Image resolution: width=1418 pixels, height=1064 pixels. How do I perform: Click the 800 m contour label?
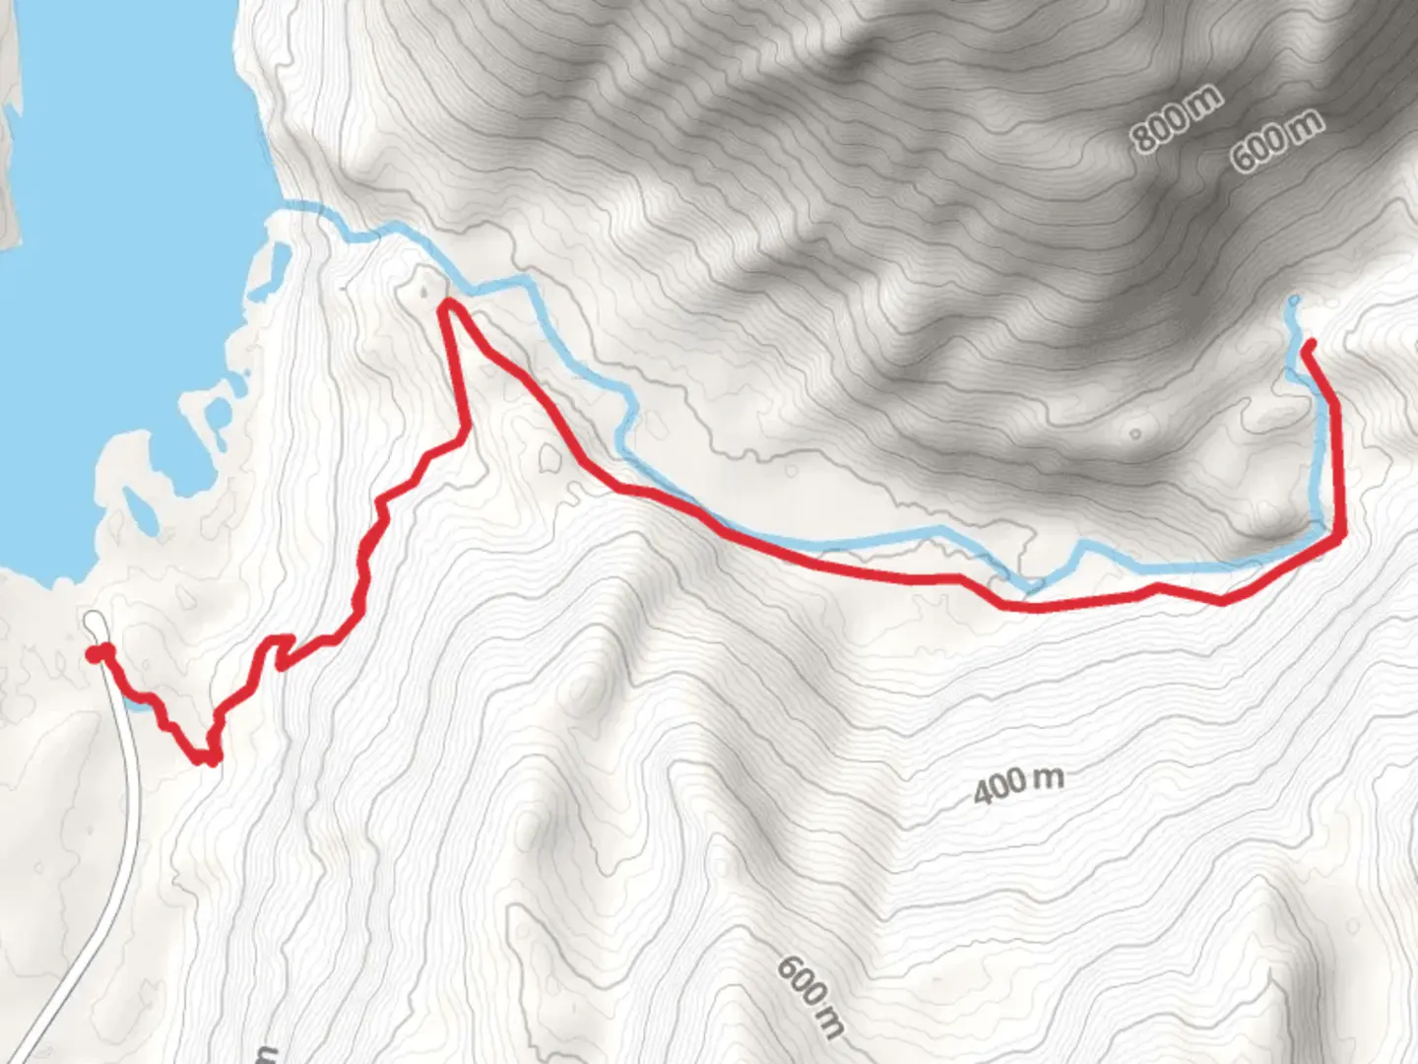1176,118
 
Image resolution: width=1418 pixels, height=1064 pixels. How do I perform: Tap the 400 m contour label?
1018,784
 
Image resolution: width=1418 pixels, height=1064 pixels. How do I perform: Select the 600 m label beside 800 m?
1276,141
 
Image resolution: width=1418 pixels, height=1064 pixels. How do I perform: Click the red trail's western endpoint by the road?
94,654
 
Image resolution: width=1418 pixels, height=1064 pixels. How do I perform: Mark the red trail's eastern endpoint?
1311,345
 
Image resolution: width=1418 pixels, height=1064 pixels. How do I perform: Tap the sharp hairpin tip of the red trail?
448,305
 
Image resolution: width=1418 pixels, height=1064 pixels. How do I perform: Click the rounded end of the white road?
95,621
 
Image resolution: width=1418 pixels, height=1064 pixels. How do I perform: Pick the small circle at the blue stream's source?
1294,299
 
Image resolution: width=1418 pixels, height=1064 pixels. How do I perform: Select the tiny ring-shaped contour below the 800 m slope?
1136,433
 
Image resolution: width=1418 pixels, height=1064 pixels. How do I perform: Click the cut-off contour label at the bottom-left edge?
264,1055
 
